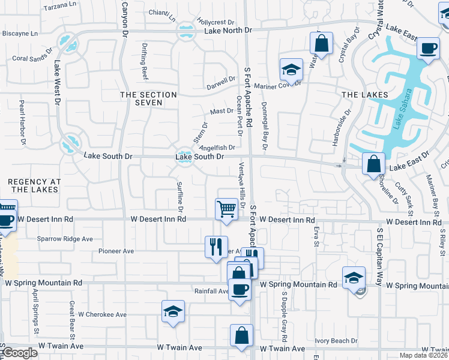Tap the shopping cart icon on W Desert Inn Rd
(226, 209)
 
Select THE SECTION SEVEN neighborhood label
(148, 99)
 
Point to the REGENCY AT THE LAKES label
(34, 185)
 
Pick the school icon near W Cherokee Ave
(173, 311)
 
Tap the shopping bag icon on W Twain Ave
(241, 336)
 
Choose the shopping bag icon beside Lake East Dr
(374, 163)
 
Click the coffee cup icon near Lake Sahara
(428, 48)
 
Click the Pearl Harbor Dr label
(23, 122)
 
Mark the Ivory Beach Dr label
(336, 341)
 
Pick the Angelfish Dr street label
(217, 148)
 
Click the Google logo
(20, 353)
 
